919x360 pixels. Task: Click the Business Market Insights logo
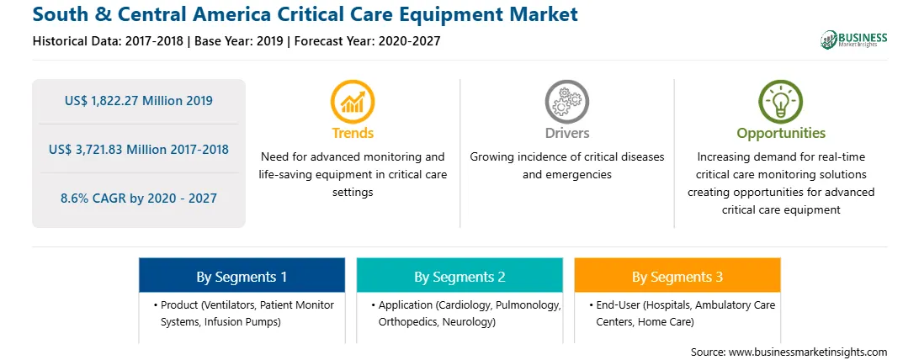pyautogui.click(x=854, y=40)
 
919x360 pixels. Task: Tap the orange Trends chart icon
pyautogui.click(x=353, y=101)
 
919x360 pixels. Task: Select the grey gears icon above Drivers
pyautogui.click(x=566, y=101)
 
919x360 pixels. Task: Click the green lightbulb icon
pyautogui.click(x=781, y=101)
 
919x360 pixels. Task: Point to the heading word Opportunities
pyautogui.click(x=781, y=134)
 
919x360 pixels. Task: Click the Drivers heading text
pyautogui.click(x=566, y=134)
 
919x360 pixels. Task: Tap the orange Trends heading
pyautogui.click(x=353, y=134)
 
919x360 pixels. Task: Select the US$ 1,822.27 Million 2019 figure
pyautogui.click(x=138, y=101)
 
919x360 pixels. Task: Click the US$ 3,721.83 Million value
pyautogui.click(x=114, y=149)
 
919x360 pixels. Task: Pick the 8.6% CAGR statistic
pyautogui.click(x=138, y=199)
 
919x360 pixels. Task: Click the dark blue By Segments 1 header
pyautogui.click(x=242, y=275)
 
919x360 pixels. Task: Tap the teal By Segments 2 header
pyautogui.click(x=459, y=275)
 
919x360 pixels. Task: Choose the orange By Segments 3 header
pyautogui.click(x=677, y=275)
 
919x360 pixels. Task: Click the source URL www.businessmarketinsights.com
pyautogui.click(x=808, y=352)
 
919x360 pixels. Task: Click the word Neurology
pyautogui.click(x=468, y=322)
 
